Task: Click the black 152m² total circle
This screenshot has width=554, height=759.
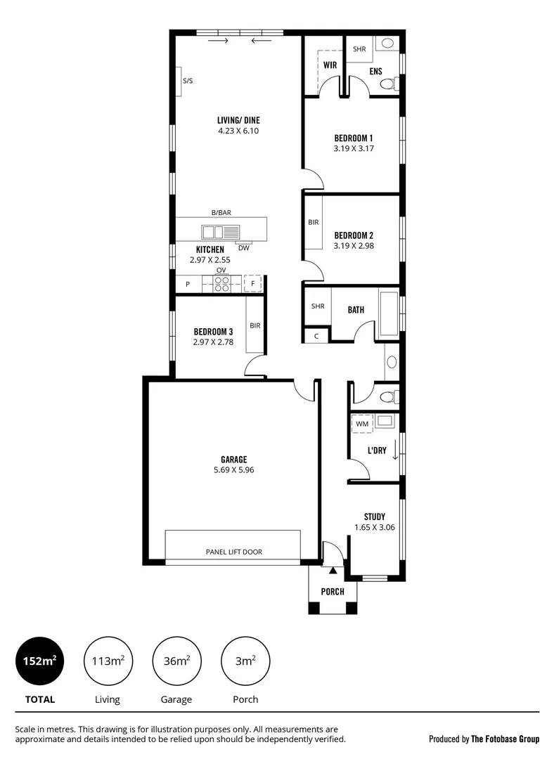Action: (39, 661)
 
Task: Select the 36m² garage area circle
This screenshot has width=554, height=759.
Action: (176, 661)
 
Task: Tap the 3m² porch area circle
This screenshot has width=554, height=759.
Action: (245, 661)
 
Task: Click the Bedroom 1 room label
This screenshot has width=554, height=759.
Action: (353, 138)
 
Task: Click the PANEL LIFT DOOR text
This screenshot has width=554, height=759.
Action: (233, 552)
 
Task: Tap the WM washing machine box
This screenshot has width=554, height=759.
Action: (362, 424)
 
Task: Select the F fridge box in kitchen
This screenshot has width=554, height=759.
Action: (252, 284)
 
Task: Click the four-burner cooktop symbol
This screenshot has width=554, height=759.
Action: (221, 283)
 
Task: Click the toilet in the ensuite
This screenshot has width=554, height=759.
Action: (387, 84)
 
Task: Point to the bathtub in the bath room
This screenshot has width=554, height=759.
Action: (388, 311)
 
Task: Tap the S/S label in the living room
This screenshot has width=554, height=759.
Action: (188, 82)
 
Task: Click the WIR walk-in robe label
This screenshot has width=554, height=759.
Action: (330, 65)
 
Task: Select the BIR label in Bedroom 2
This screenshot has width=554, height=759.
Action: (314, 222)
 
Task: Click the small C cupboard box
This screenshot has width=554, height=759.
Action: (316, 336)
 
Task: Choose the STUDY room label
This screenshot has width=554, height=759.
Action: (374, 517)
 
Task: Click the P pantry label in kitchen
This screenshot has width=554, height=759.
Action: (188, 284)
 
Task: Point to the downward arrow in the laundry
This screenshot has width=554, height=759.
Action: (394, 447)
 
